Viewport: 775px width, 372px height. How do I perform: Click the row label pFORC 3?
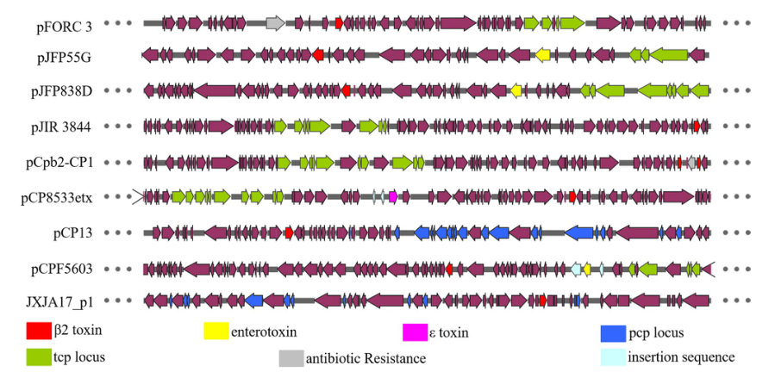coord(64,26)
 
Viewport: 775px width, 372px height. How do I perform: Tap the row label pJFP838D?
coord(64,91)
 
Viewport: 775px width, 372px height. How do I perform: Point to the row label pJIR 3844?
coord(65,127)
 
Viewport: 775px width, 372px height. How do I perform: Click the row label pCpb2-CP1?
coord(64,162)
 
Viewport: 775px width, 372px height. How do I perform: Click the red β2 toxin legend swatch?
coord(40,331)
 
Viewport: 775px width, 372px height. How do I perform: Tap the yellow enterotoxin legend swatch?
coord(216,331)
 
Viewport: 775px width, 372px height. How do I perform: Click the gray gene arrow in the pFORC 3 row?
coord(276,22)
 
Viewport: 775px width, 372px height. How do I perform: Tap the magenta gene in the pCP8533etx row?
coord(393,197)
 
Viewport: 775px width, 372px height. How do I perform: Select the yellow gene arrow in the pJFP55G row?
coord(543,56)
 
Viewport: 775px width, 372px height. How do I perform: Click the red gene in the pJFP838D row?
coord(346,90)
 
